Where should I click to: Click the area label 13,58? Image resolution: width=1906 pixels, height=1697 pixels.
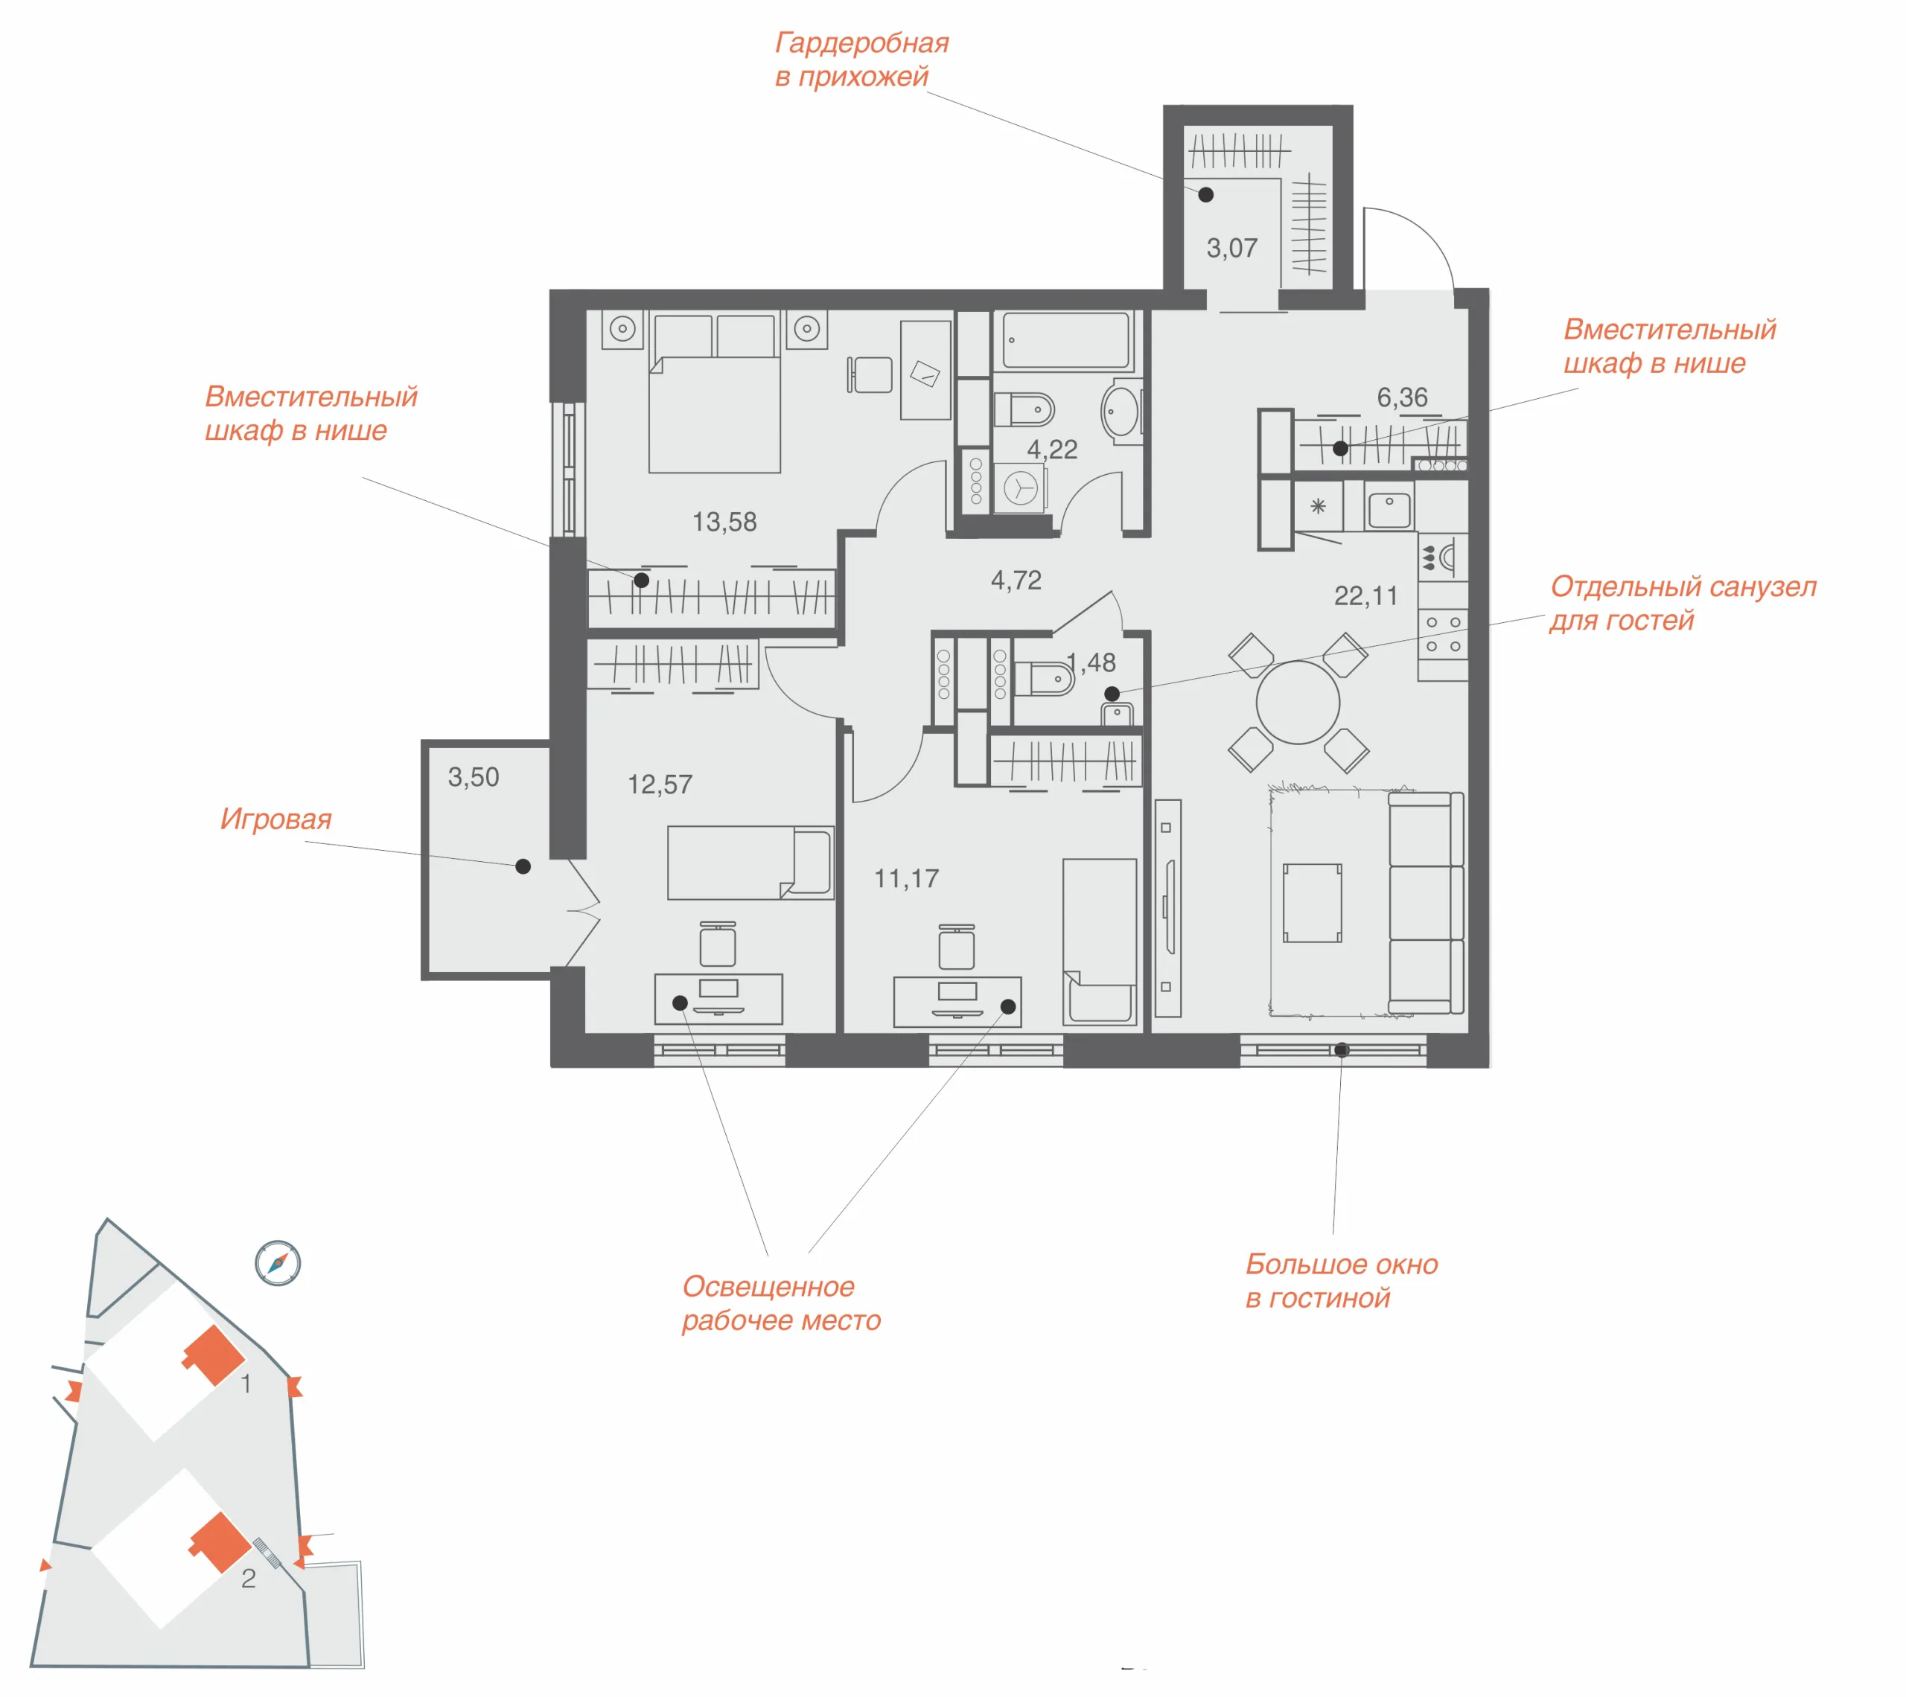click(724, 522)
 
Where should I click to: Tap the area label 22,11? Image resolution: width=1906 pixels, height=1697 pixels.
click(1365, 596)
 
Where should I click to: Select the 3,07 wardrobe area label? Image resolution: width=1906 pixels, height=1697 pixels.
click(1231, 248)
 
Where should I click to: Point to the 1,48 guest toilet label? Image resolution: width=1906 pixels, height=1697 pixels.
click(1091, 663)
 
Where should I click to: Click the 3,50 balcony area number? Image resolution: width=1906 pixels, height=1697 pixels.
click(474, 777)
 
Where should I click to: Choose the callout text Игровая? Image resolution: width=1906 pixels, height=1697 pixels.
click(276, 819)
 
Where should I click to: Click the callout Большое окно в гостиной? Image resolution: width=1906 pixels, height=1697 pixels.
click(1342, 1280)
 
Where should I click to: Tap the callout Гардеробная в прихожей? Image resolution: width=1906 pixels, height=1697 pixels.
click(861, 60)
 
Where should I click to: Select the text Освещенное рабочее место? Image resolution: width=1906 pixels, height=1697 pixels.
click(782, 1303)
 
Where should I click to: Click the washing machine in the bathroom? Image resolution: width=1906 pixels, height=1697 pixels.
click(1020, 488)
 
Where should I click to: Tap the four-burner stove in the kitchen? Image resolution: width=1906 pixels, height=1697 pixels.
click(1443, 634)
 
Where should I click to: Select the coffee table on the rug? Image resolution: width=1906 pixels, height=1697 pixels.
click(1312, 903)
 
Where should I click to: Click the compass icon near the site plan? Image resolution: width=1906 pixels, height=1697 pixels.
click(278, 1263)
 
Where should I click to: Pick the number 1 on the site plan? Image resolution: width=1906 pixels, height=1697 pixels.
click(246, 1384)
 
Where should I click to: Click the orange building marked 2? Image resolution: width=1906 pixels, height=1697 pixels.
click(220, 1542)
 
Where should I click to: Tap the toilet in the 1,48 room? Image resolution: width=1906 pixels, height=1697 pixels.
click(1045, 679)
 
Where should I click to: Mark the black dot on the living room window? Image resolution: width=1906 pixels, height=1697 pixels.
click(1341, 1050)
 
